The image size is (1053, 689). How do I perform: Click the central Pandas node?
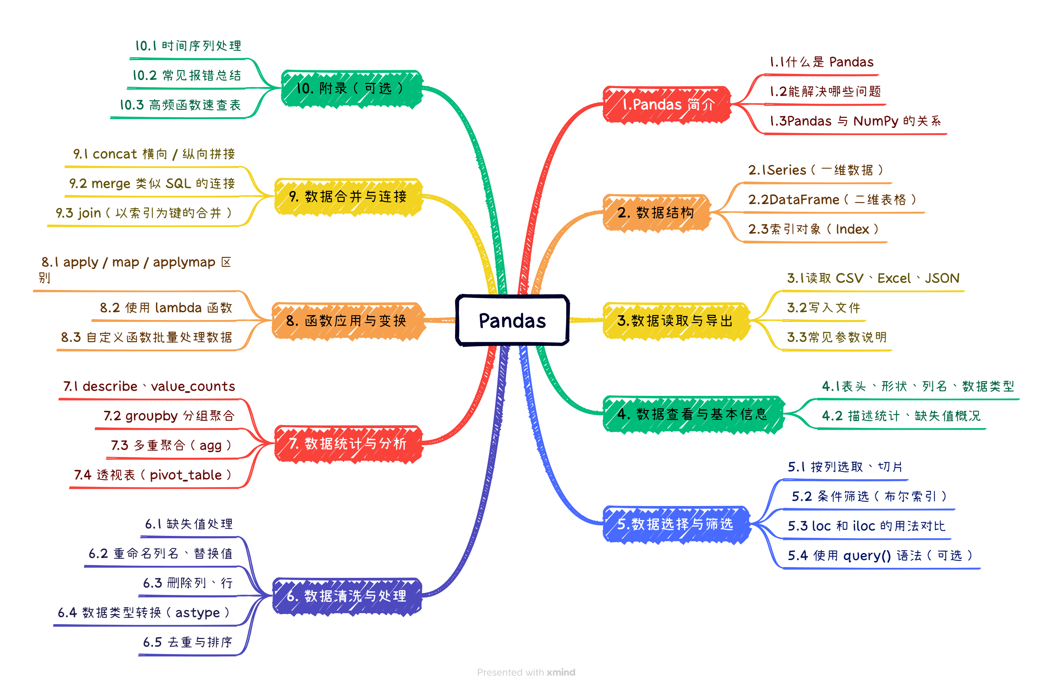(512, 320)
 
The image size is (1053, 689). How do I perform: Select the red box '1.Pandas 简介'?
(667, 104)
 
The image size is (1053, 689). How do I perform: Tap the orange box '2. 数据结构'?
(656, 213)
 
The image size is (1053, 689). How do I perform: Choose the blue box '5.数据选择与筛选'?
(675, 524)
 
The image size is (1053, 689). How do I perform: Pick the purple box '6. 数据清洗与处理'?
(347, 596)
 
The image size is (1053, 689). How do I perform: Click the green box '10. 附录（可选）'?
(351, 89)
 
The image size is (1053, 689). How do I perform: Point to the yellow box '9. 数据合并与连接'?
(348, 196)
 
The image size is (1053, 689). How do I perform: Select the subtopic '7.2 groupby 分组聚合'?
(169, 416)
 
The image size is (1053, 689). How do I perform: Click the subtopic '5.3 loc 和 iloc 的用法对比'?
(866, 526)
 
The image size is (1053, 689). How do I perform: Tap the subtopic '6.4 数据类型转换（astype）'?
(144, 612)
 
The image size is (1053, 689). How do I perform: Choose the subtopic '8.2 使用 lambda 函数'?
(166, 308)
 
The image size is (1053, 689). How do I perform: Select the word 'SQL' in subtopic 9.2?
(178, 183)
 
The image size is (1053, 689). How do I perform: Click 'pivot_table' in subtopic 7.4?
(186, 475)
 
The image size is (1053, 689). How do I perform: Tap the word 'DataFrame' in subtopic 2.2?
(804, 199)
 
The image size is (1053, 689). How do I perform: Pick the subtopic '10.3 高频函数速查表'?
(181, 105)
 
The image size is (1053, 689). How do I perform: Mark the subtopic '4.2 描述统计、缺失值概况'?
(901, 416)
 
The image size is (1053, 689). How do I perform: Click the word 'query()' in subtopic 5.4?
(867, 555)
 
